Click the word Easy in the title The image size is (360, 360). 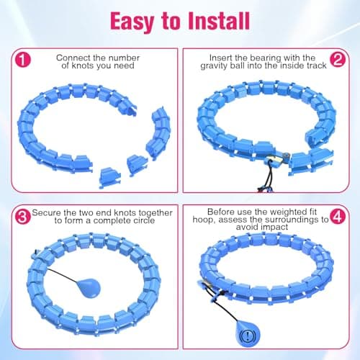(x=132, y=22)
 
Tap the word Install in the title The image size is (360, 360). (x=219, y=21)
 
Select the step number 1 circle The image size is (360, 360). (x=23, y=60)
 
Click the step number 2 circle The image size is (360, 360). (x=338, y=59)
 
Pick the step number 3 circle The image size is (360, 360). (x=23, y=217)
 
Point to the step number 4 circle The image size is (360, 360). (x=338, y=216)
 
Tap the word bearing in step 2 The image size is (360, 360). (x=266, y=58)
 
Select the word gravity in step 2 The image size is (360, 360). (x=214, y=66)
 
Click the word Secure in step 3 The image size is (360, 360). (x=46, y=212)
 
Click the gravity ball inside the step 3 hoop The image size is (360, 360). (x=90, y=287)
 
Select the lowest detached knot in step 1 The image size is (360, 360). (x=109, y=178)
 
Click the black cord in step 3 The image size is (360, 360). (x=63, y=276)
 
